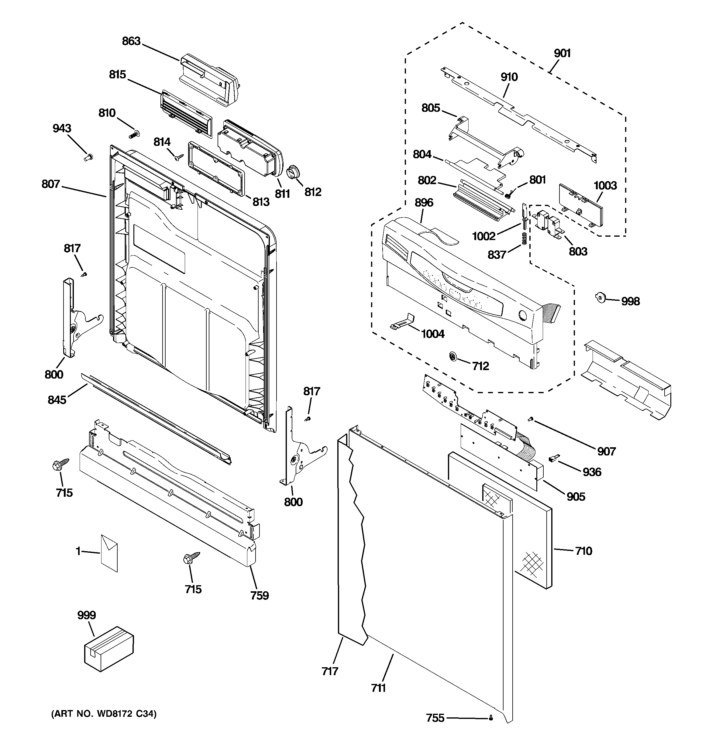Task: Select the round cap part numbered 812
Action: pos(293,172)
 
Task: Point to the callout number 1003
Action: pos(605,185)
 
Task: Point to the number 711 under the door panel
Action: pos(378,688)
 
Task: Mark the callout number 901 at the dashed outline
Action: pos(562,53)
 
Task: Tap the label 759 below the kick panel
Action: pos(259,596)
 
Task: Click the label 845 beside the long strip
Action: pos(57,400)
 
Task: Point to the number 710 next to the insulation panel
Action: pos(583,551)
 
